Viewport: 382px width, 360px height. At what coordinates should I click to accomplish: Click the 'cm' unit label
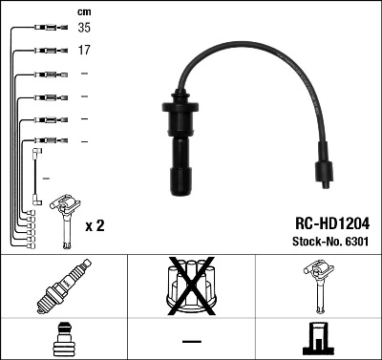tap(84, 11)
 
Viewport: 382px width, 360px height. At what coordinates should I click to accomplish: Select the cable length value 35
tap(84, 30)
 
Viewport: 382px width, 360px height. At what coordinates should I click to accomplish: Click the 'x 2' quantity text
tap(95, 226)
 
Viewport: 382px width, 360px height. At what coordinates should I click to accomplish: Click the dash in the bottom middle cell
tap(191, 340)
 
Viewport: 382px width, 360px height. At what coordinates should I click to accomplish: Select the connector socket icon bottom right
tap(317, 339)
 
